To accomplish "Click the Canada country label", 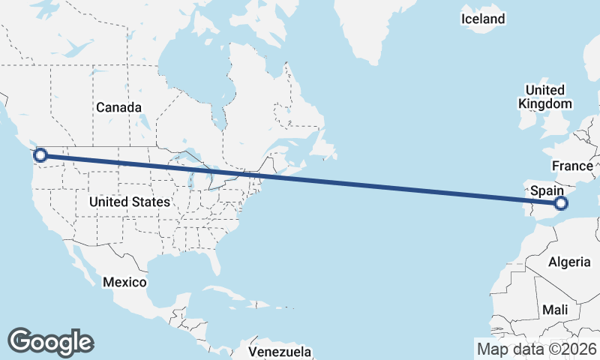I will pyautogui.click(x=118, y=107).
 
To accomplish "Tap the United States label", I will pyautogui.click(x=129, y=202).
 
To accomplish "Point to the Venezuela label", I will pyautogui.click(x=280, y=351).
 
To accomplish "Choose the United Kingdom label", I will pyautogui.click(x=545, y=97).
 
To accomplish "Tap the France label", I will pyautogui.click(x=572, y=165).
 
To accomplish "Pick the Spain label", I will pyautogui.click(x=547, y=191).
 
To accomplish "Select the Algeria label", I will pyautogui.click(x=570, y=262).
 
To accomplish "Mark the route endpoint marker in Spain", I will pyautogui.click(x=560, y=202).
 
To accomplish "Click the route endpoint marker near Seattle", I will pyautogui.click(x=40, y=155).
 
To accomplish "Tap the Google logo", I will pyautogui.click(x=50, y=341).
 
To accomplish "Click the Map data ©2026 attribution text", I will pyautogui.click(x=536, y=349).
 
